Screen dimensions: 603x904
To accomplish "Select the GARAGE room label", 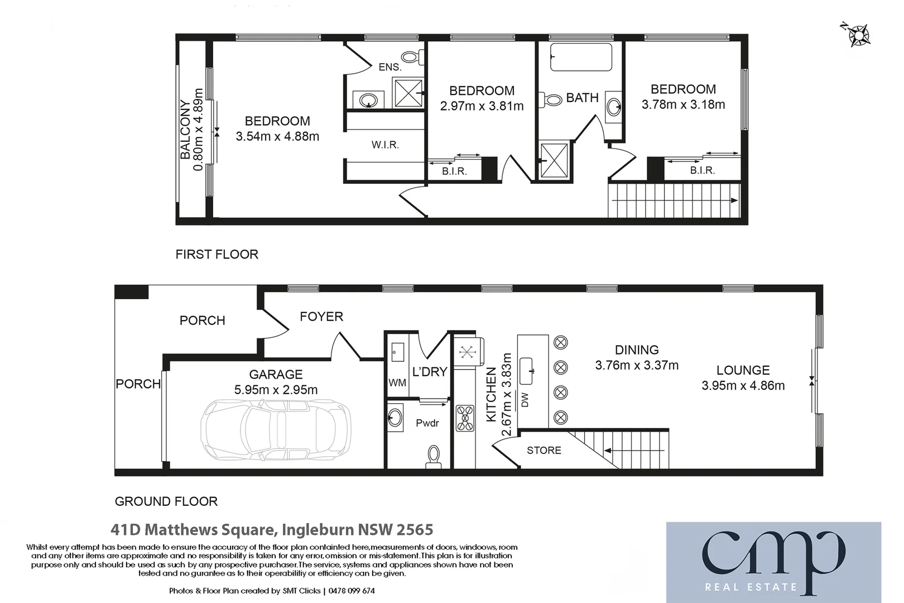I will click(276, 375).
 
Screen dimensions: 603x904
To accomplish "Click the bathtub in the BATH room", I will click(581, 58).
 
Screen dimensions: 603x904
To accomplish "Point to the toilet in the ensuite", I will click(413, 56).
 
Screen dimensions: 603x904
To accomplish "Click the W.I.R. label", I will click(385, 145).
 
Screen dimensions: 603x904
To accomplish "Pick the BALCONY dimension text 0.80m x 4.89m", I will click(198, 130).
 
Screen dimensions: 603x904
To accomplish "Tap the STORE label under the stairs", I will click(544, 451).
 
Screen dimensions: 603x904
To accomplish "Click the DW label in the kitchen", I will click(525, 400).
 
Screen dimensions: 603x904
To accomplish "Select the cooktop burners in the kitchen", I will click(465, 418).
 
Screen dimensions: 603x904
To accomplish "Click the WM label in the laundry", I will click(397, 383).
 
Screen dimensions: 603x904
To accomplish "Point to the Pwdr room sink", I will click(395, 417).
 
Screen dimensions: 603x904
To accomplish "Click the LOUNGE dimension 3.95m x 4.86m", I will click(743, 386).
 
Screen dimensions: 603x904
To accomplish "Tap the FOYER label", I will click(321, 317).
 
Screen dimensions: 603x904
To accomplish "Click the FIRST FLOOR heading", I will click(217, 255).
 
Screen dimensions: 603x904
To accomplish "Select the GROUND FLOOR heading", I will click(166, 501).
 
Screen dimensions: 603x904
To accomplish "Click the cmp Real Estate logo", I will click(773, 562).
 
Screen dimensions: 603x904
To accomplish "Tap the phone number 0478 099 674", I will click(352, 591).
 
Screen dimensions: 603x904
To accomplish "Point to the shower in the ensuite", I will click(408, 93).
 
